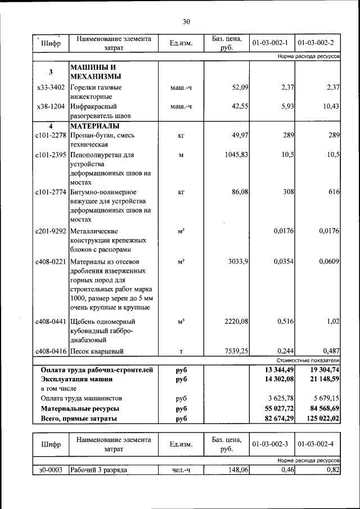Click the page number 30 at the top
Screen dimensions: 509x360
pyautogui.click(x=186, y=22)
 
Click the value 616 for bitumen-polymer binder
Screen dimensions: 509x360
pyautogui.click(x=334, y=192)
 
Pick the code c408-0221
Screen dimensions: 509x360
pyautogui.click(x=51, y=262)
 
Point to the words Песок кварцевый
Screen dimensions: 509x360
pyautogui.click(x=97, y=352)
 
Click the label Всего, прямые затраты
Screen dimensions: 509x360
pyautogui.click(x=79, y=418)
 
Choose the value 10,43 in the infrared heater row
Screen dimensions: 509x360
pyautogui.click(x=330, y=106)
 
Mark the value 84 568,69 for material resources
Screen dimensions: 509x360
pyautogui.click(x=319, y=408)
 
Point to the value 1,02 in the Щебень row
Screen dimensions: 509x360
pyautogui.click(x=331, y=321)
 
